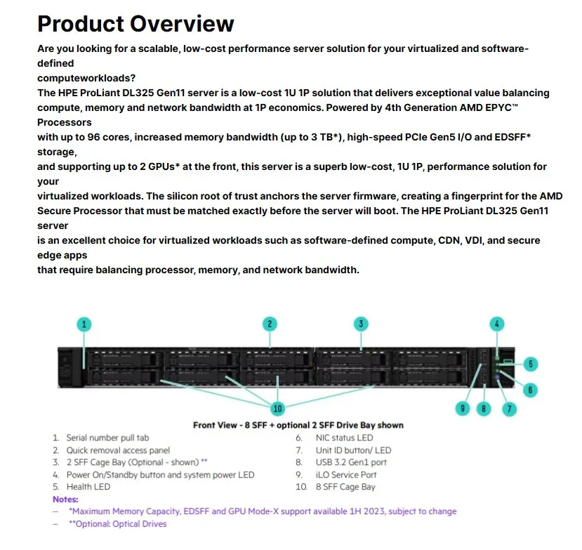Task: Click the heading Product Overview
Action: pos(135,23)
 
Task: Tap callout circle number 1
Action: pos(84,324)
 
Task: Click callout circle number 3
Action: pos(361,324)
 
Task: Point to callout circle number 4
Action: pos(497,324)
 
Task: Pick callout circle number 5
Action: pos(531,364)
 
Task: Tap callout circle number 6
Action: pos(531,389)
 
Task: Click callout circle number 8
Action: pos(483,408)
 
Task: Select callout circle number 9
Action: pos(462,408)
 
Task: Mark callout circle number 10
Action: pos(279,408)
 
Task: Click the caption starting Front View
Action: pos(298,425)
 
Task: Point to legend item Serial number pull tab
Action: pos(107,438)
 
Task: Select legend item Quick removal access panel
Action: pos(118,450)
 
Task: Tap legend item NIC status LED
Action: pos(344,438)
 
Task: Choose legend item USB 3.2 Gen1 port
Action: pos(351,462)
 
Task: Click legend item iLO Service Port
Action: pos(346,475)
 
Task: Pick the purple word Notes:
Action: pos(65,499)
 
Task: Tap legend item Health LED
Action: pos(88,487)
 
